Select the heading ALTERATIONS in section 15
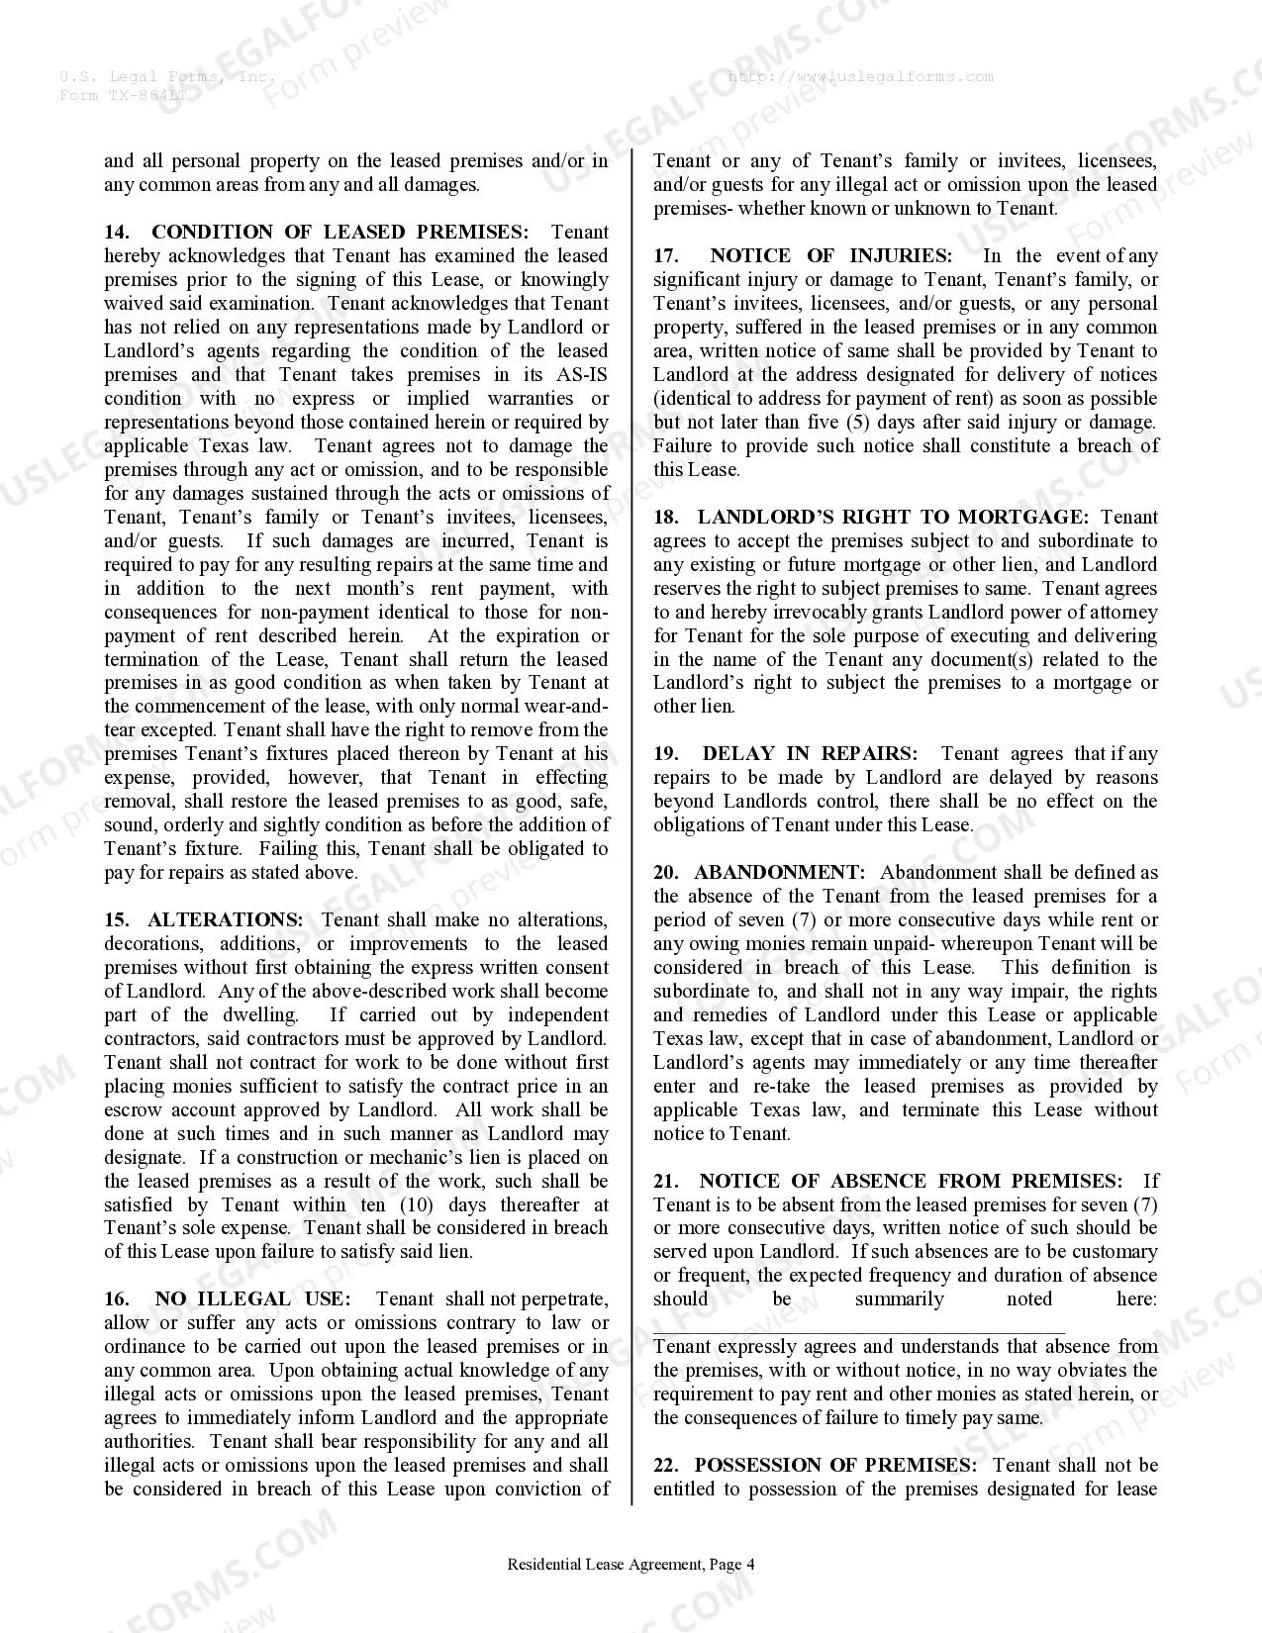click(x=225, y=920)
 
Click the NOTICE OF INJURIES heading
click(x=830, y=256)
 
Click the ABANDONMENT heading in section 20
click(x=779, y=873)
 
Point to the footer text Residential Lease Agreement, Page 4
click(x=631, y=1565)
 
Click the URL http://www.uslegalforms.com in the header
click(x=860, y=77)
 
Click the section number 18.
click(x=665, y=518)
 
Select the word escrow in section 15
click(x=136, y=1110)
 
